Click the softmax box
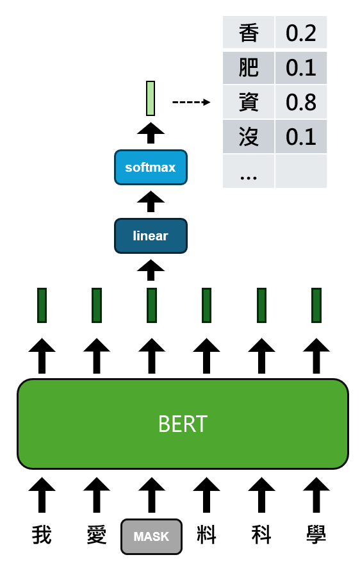[151, 167]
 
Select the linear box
[151, 236]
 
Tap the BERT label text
[183, 424]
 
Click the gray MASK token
[151, 536]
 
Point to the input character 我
[42, 535]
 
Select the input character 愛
[97, 535]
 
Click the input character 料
[206, 535]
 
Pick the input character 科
[261, 535]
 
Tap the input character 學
[316, 535]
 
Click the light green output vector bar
[151, 98]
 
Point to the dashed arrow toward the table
[192, 102]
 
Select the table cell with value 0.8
[301, 102]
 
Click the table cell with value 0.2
[301, 33]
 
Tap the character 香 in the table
[249, 33]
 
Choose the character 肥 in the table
[249, 67]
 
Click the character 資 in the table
[249, 102]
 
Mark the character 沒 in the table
[249, 137]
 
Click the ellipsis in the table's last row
[249, 178]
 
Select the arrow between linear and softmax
[151, 201]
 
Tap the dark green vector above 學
[316, 305]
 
